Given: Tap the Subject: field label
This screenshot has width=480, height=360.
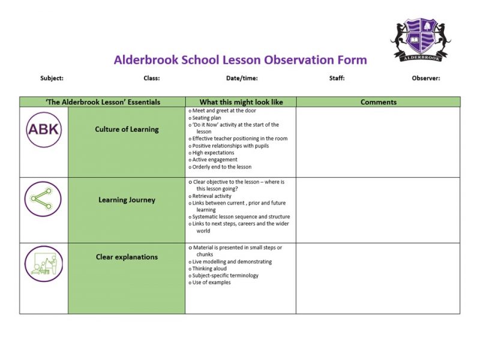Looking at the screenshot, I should [x=52, y=78].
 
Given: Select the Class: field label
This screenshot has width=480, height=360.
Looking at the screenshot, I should [x=151, y=78].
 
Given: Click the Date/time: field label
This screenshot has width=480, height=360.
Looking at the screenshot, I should [x=242, y=78].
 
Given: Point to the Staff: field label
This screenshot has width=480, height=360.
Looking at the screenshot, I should [x=337, y=78].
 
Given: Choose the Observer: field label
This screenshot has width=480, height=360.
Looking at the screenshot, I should [x=426, y=78].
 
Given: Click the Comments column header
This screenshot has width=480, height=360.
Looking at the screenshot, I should [x=378, y=102].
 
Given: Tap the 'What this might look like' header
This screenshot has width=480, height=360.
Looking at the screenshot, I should [x=241, y=102].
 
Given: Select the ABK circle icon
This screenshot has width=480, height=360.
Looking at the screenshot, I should [x=43, y=130].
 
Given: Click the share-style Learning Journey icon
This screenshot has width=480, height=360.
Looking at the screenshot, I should [x=43, y=200].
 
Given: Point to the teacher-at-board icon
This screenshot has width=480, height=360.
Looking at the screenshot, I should [x=43, y=263].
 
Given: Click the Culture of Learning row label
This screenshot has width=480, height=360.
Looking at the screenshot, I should [x=127, y=129].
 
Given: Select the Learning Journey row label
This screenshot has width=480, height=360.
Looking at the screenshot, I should [x=127, y=200].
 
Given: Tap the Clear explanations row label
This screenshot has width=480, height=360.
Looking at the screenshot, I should [x=127, y=257].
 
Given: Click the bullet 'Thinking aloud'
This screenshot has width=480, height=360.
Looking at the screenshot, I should [x=211, y=269].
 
